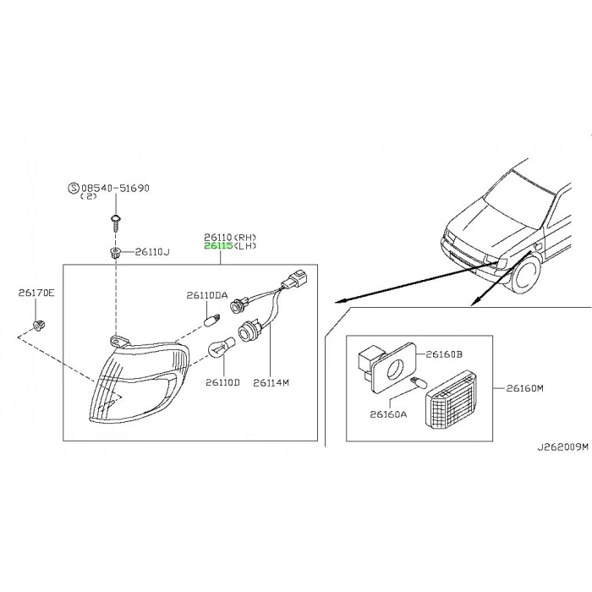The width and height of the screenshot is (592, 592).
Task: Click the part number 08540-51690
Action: pyautogui.click(x=115, y=188)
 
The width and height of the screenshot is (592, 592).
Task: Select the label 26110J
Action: pyautogui.click(x=152, y=252)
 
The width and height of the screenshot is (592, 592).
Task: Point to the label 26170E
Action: pyautogui.click(x=36, y=293)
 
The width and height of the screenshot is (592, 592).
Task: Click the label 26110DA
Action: pyautogui.click(x=207, y=295)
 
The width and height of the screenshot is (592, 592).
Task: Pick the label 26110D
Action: pyautogui.click(x=222, y=382)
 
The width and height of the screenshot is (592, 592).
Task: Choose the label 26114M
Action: pyautogui.click(x=271, y=382)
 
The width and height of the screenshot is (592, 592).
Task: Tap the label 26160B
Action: pyautogui.click(x=444, y=354)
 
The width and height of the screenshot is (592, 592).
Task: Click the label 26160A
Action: pyautogui.click(x=388, y=414)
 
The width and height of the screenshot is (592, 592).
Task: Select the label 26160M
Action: pyautogui.click(x=525, y=387)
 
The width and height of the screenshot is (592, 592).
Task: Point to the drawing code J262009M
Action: pyautogui.click(x=563, y=447)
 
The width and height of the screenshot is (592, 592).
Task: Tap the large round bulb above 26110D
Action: pyautogui.click(x=222, y=346)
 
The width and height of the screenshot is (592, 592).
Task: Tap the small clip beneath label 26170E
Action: pyautogui.click(x=39, y=325)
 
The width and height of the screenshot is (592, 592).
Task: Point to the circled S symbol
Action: pyautogui.click(x=74, y=188)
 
